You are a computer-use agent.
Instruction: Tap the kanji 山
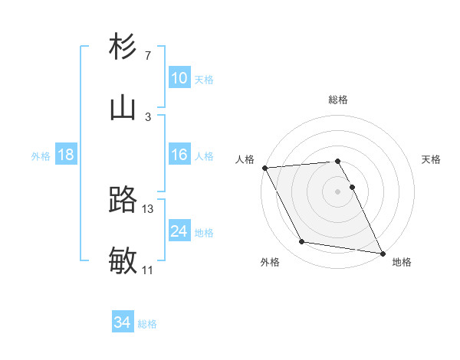point(123,107)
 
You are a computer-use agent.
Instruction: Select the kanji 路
point(123,201)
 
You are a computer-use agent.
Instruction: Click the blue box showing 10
point(179,78)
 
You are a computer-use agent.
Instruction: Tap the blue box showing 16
point(179,155)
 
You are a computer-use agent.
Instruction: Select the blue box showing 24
point(179,231)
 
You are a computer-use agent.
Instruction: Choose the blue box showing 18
point(66,155)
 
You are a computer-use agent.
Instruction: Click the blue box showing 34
point(123,323)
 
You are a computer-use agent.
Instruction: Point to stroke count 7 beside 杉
point(147,56)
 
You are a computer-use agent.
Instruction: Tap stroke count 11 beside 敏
point(147,270)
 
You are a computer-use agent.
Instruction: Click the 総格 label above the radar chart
point(338,100)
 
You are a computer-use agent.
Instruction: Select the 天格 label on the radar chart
point(431,159)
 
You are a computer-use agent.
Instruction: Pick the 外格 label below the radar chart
point(270,262)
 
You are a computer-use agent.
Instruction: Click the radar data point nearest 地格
point(381,253)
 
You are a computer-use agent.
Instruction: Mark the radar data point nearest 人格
point(264,168)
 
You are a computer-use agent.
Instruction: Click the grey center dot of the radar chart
point(338,191)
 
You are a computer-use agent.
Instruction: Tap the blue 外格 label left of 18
point(41,156)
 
